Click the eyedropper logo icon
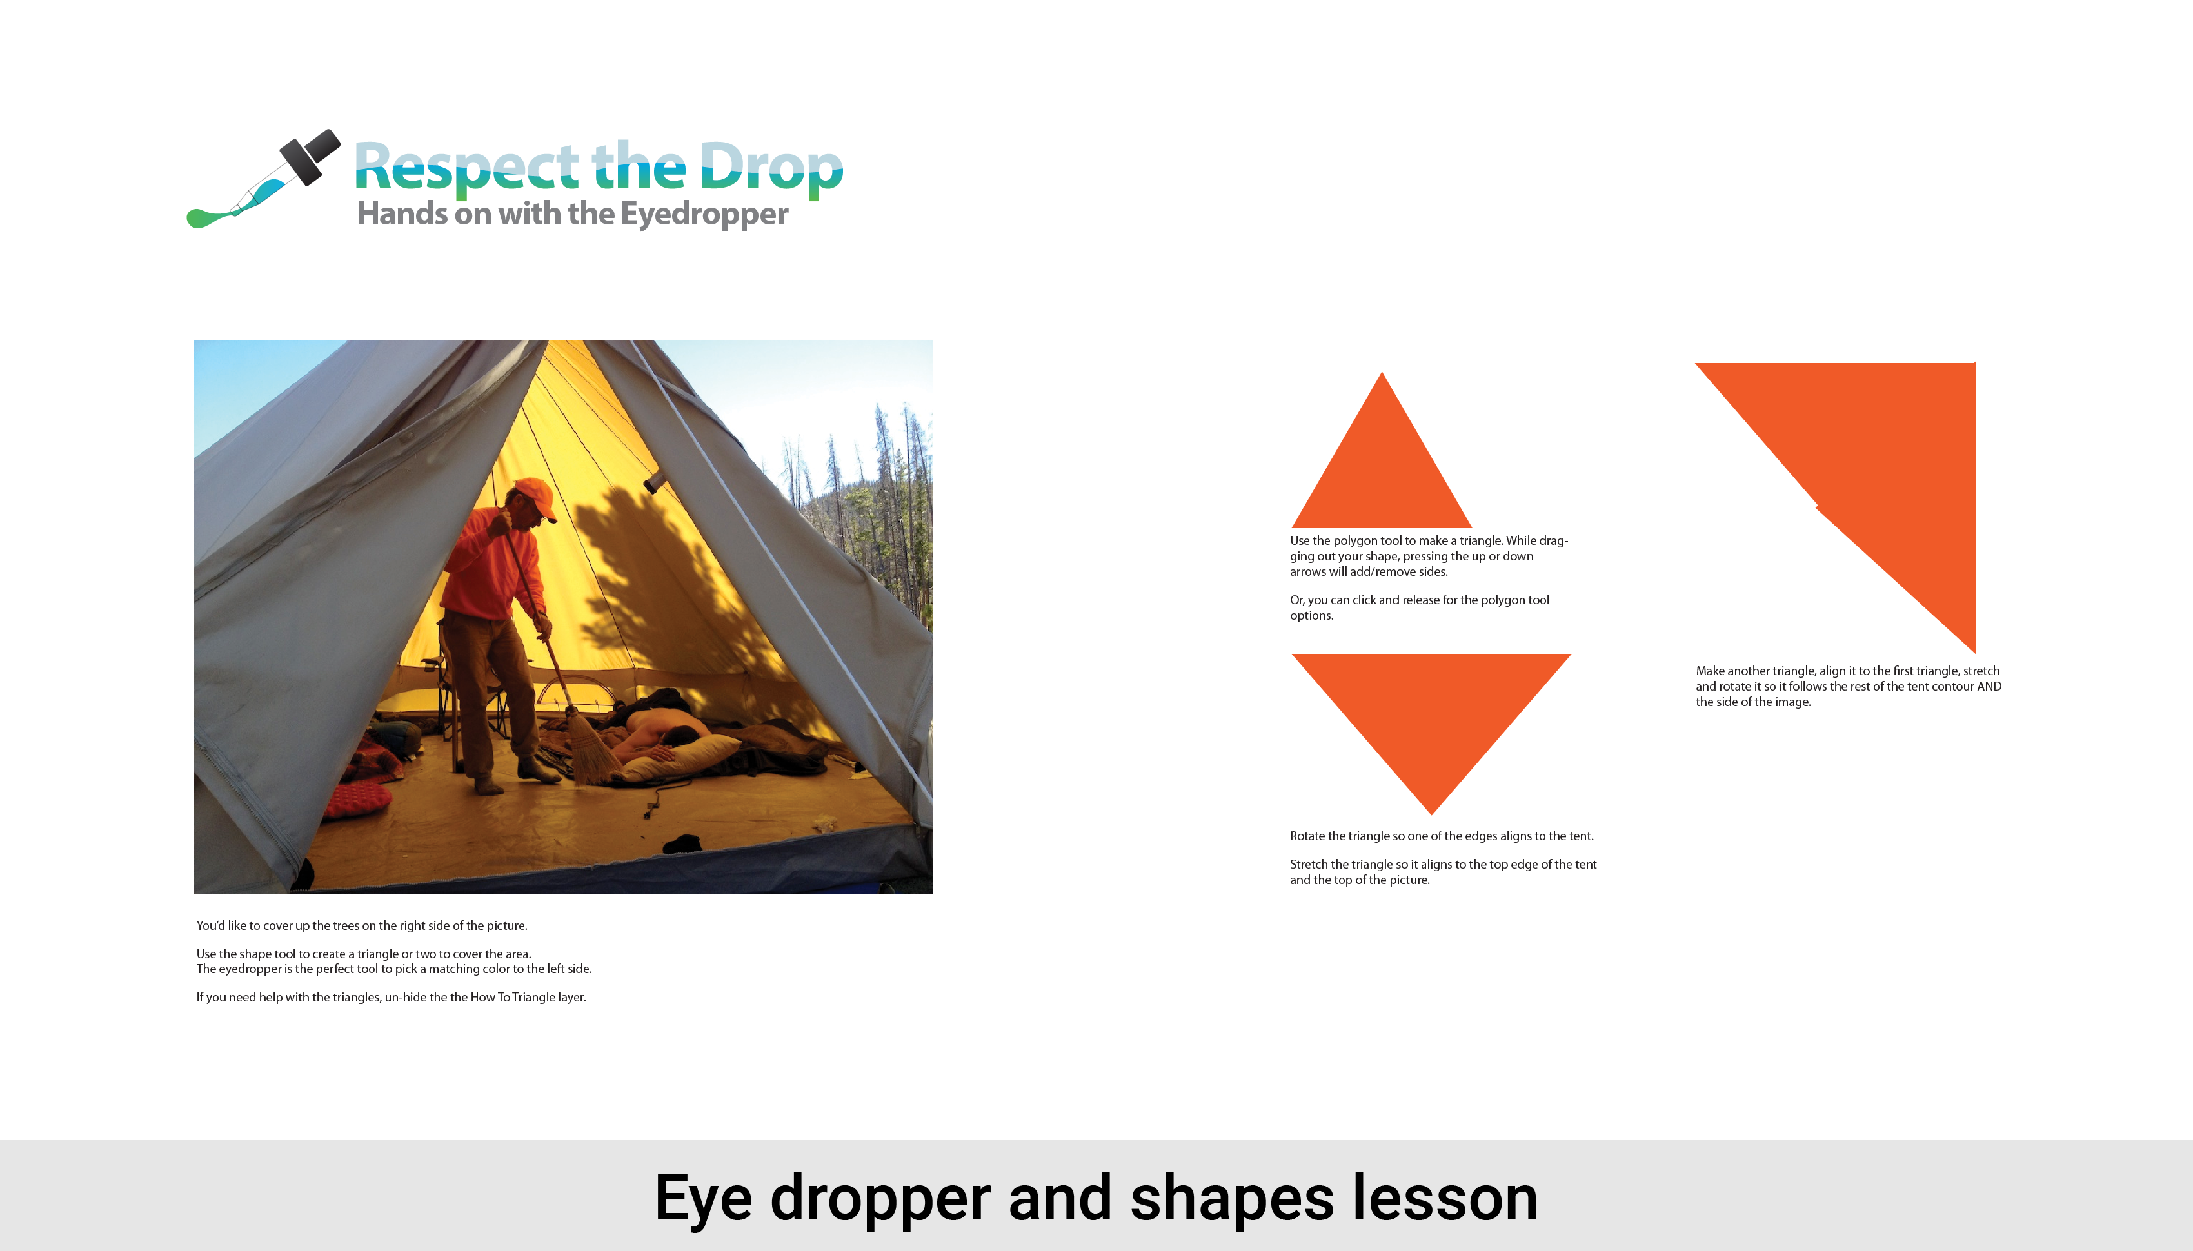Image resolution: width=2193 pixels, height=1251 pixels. (264, 179)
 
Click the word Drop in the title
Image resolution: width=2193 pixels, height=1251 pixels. (771, 169)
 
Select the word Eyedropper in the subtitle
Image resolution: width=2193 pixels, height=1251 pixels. (704, 214)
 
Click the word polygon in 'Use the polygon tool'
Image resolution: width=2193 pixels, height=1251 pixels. (1355, 541)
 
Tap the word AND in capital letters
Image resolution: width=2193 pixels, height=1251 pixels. (1989, 687)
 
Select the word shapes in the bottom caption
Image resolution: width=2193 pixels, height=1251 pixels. (1231, 1200)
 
